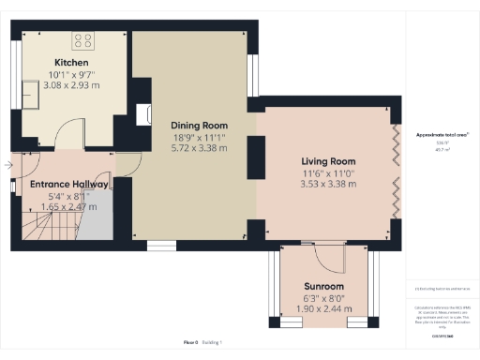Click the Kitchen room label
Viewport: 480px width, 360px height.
[x=71, y=62]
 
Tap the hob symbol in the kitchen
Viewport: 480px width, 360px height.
[x=82, y=41]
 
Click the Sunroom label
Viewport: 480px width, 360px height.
[x=324, y=286]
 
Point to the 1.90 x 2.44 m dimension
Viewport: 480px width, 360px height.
[x=324, y=308]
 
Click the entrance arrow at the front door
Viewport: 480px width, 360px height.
[x=7, y=166]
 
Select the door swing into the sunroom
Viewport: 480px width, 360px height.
[x=328, y=257]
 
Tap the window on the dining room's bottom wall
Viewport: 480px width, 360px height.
[x=161, y=245]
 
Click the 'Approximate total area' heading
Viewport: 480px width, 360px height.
[x=442, y=135]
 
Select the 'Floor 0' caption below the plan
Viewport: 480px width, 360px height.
[x=191, y=342]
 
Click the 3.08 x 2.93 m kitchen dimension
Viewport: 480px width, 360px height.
[x=71, y=84]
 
